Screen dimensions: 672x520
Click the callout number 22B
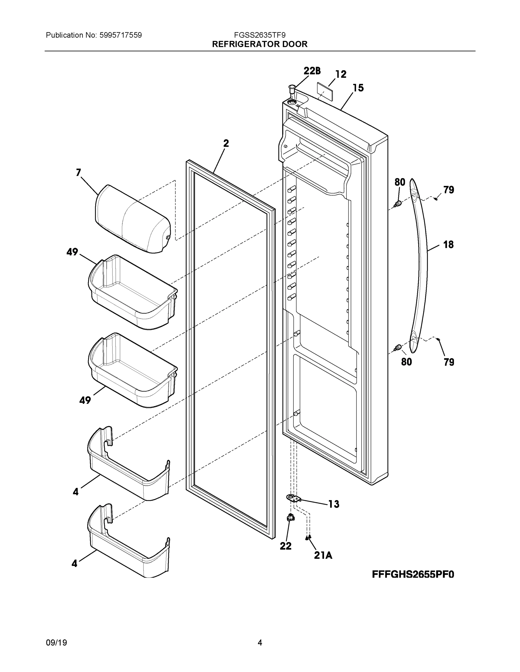coord(312,71)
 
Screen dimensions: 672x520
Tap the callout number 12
coord(341,74)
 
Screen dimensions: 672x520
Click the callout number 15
coord(358,88)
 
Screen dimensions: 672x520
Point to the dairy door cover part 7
coord(133,219)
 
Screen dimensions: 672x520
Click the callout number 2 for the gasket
coord(226,143)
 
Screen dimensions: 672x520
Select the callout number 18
coord(448,245)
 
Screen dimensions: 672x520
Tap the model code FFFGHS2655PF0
coord(413,575)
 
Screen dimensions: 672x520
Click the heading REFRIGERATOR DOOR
coord(260,44)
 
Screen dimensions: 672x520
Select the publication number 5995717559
coord(121,35)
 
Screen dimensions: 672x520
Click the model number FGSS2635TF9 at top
coord(260,35)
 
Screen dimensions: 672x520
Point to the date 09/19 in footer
coord(56,643)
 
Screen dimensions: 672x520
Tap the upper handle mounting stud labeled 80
coord(398,203)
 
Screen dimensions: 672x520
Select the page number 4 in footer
coord(260,643)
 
